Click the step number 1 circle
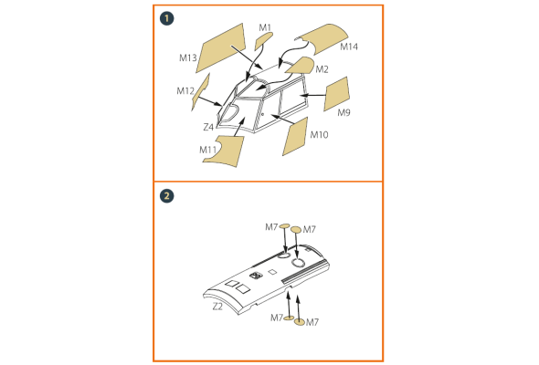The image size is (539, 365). (166, 18)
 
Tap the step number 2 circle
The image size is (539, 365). (166, 196)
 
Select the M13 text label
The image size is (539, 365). (187, 58)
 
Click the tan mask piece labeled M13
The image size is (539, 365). (222, 47)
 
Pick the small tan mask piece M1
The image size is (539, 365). (263, 40)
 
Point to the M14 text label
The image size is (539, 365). (349, 47)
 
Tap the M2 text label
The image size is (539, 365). (322, 69)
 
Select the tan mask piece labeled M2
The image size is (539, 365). (300, 66)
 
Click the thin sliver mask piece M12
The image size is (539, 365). (201, 92)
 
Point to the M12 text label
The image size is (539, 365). (185, 91)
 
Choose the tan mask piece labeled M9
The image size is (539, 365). (336, 94)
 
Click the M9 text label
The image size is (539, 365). (343, 112)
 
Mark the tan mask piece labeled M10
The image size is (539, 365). (295, 137)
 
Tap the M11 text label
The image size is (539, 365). (207, 150)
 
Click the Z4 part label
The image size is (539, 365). (208, 128)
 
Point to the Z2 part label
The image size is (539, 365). (217, 307)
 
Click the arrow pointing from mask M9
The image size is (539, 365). (312, 95)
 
